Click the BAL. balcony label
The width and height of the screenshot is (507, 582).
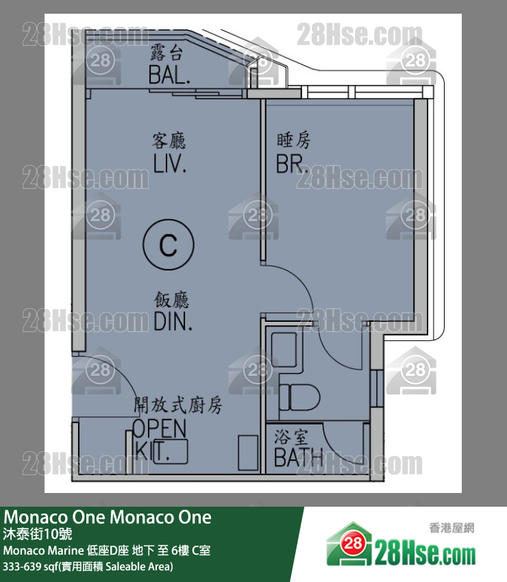pyautogui.click(x=169, y=74)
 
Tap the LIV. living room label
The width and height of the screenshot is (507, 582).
pyautogui.click(x=169, y=164)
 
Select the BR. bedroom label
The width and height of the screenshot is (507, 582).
pyautogui.click(x=293, y=164)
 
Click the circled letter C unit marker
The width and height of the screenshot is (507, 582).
pyautogui.click(x=169, y=244)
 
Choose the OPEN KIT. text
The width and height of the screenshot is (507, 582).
pyautogui.click(x=159, y=440)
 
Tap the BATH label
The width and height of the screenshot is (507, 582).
pyautogui.click(x=299, y=457)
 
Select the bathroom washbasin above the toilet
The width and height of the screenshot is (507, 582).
pyautogui.click(x=282, y=349)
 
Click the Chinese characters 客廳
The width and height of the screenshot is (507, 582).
pyautogui.click(x=169, y=141)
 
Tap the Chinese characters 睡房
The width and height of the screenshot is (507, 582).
pyautogui.click(x=293, y=141)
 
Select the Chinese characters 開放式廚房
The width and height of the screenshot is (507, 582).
pyautogui.click(x=177, y=405)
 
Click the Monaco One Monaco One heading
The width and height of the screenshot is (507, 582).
pyautogui.click(x=108, y=517)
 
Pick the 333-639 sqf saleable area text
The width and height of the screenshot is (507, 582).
pyautogui.click(x=88, y=567)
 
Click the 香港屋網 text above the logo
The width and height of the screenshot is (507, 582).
pyautogui.click(x=452, y=528)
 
